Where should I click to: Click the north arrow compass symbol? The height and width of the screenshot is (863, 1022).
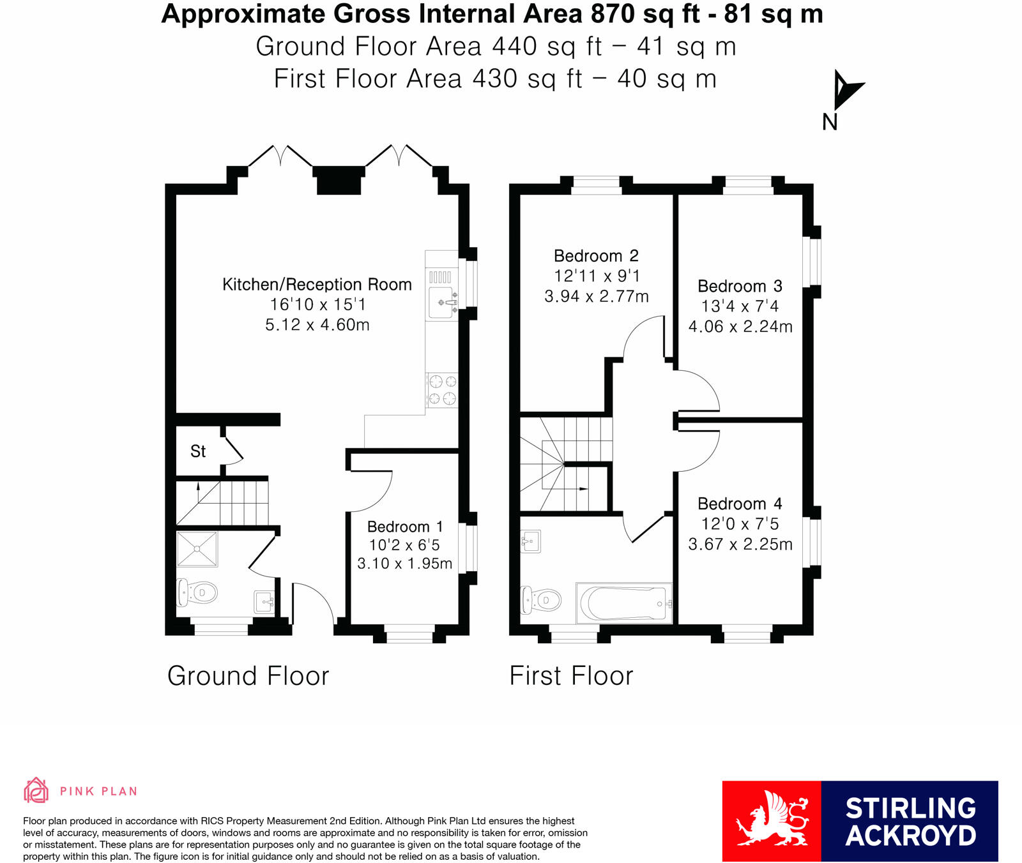coord(846,91)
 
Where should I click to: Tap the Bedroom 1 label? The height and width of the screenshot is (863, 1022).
coord(405,527)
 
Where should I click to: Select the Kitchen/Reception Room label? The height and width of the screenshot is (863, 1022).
coord(317,285)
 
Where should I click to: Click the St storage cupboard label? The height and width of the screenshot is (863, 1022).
coord(198,451)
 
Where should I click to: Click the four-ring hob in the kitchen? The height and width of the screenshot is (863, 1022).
coord(442,390)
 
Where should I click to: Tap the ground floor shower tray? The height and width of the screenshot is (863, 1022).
coord(197,549)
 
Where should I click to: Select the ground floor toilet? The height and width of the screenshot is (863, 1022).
coord(197,592)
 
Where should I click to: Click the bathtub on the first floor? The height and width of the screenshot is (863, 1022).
coord(624,603)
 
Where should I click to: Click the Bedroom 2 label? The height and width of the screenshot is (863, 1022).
coord(596,256)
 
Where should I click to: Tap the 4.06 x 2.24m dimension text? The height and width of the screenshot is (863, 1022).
coord(740,327)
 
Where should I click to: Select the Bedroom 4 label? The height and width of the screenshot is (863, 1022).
coord(740,504)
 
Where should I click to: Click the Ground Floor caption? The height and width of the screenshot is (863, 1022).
coord(248,675)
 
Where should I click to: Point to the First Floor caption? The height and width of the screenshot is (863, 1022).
coord(571,675)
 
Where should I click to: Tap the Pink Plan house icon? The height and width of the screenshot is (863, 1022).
coord(36,790)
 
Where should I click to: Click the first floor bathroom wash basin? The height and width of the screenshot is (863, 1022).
coord(531,541)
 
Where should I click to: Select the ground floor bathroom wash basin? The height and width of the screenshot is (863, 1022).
coord(264,601)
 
